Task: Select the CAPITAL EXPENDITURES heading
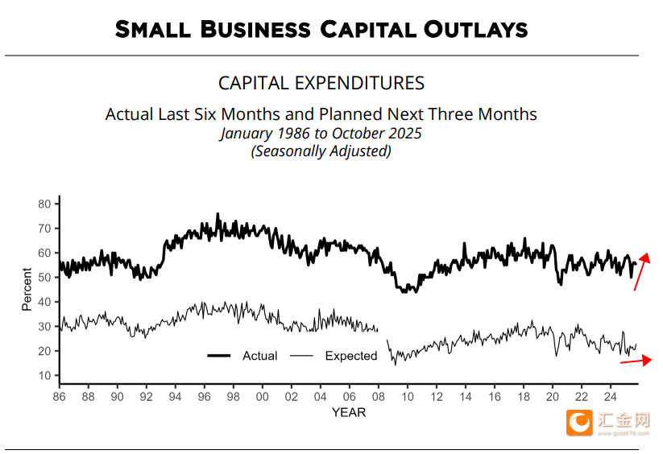tap(321, 83)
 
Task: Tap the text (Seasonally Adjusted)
tap(321, 151)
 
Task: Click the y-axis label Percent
tap(27, 290)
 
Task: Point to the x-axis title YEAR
tap(348, 412)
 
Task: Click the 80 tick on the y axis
tap(44, 204)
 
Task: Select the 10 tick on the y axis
tap(44, 375)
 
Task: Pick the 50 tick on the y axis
tap(44, 278)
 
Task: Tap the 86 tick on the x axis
tap(59, 396)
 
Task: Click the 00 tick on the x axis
tap(262, 396)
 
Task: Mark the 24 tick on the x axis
tap(610, 396)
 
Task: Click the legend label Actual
tap(259, 356)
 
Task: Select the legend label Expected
tap(350, 356)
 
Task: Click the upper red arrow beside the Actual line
tap(642, 271)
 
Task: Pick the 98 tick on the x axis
tap(233, 396)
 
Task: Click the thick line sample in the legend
tap(219, 356)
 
